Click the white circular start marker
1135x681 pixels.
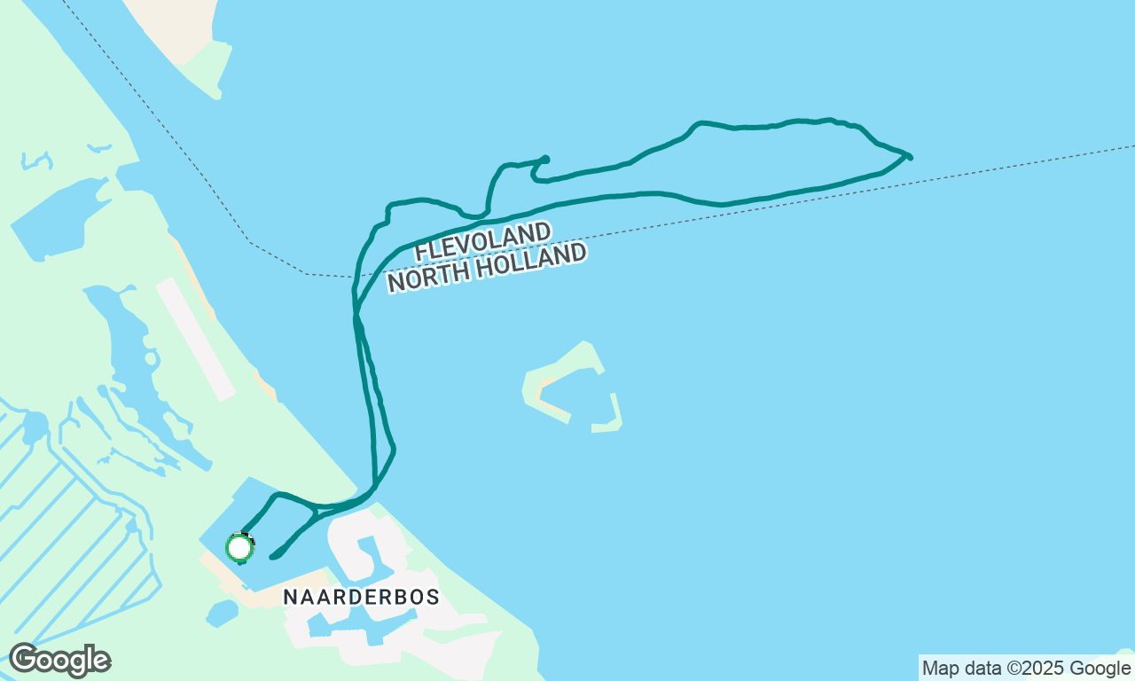point(239,547)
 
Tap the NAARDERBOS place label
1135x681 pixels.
point(361,598)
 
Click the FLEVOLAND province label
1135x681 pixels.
point(482,242)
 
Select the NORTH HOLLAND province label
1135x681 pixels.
point(487,267)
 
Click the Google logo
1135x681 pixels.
point(59,661)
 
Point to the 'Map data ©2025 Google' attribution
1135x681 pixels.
point(1026,669)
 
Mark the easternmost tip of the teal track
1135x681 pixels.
point(910,157)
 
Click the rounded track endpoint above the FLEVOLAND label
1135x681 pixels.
point(545,160)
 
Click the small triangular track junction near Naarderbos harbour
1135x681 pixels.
point(315,512)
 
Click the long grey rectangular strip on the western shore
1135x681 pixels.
point(196,339)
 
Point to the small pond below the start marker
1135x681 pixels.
point(223,613)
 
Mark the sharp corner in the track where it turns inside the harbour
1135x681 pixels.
point(278,495)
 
